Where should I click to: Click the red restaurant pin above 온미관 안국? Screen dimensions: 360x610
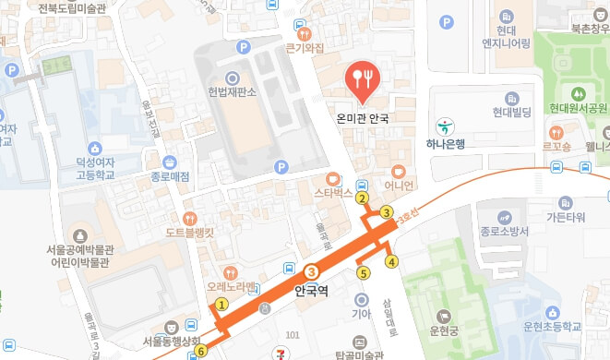click(361, 79)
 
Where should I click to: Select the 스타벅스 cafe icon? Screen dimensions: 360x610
click(332, 178)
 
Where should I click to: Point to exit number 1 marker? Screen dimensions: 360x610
click(221, 305)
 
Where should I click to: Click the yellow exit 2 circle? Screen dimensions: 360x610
click(363, 198)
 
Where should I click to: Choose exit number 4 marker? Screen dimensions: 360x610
click(391, 262)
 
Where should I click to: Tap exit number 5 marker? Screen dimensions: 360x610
click(363, 272)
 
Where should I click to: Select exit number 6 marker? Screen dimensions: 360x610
click(201, 350)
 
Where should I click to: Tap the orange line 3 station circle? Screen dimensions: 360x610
click(312, 271)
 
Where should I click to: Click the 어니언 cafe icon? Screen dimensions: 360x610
click(399, 171)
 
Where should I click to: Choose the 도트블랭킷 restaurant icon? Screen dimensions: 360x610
click(190, 218)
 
